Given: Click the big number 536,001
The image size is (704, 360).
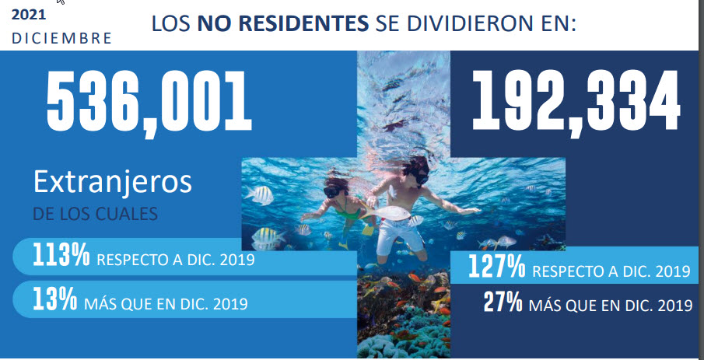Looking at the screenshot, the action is click(149, 104).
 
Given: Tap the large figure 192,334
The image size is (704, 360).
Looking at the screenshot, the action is click(576, 104).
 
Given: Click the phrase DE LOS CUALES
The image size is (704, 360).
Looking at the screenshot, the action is click(95, 214).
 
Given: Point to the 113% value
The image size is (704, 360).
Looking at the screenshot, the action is click(61, 257).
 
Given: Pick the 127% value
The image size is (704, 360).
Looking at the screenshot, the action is click(496, 267).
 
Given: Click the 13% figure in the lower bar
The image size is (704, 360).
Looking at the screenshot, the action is click(54, 300).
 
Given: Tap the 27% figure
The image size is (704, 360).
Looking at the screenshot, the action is click(503, 302).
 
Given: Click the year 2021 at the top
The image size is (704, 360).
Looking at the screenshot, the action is click(29, 14).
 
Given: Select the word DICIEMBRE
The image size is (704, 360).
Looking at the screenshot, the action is click(61, 39).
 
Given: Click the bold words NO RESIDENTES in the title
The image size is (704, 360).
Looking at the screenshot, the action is click(283, 24).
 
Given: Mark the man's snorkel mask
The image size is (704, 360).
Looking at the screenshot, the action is click(421, 178).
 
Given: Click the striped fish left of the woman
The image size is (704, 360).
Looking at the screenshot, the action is click(260, 195).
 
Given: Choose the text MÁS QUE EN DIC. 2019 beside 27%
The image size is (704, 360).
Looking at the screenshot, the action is click(611, 306).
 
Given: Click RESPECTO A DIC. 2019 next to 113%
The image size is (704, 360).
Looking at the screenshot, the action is click(176, 260).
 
